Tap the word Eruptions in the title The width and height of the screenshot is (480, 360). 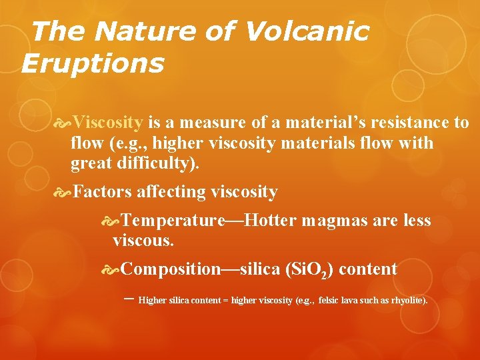pos(92,64)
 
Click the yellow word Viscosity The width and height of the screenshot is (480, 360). pos(107,123)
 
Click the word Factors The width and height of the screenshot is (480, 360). pos(102,193)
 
